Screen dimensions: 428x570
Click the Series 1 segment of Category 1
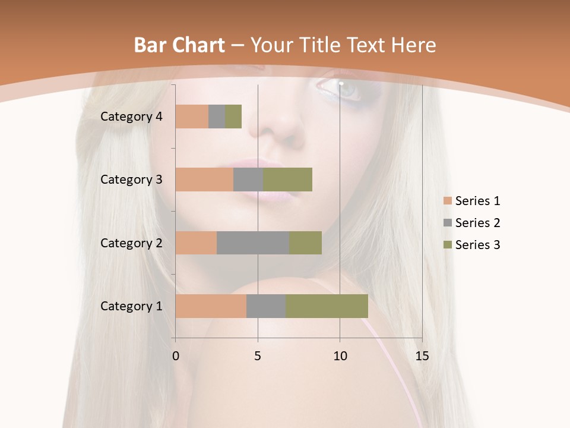click(x=211, y=306)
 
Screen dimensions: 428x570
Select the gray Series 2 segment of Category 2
click(x=253, y=243)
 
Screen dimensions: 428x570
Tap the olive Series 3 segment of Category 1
click(x=327, y=306)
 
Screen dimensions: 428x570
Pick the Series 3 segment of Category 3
click(x=287, y=180)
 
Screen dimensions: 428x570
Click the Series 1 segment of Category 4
click(x=192, y=117)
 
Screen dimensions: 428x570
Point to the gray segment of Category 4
click(x=217, y=117)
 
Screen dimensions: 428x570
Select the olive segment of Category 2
click(x=305, y=243)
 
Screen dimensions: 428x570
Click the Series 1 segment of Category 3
click(x=204, y=180)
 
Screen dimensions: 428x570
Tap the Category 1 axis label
click(x=131, y=306)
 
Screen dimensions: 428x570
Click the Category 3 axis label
click(x=131, y=180)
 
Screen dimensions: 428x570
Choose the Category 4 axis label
click(x=131, y=117)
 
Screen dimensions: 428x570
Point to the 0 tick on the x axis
click(x=176, y=356)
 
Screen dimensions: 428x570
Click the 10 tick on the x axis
click(x=340, y=356)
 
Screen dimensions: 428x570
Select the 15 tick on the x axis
click(x=422, y=356)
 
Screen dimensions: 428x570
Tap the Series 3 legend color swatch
click(x=447, y=245)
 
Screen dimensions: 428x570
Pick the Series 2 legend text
click(x=477, y=223)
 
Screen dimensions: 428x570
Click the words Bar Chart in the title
click(x=179, y=45)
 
